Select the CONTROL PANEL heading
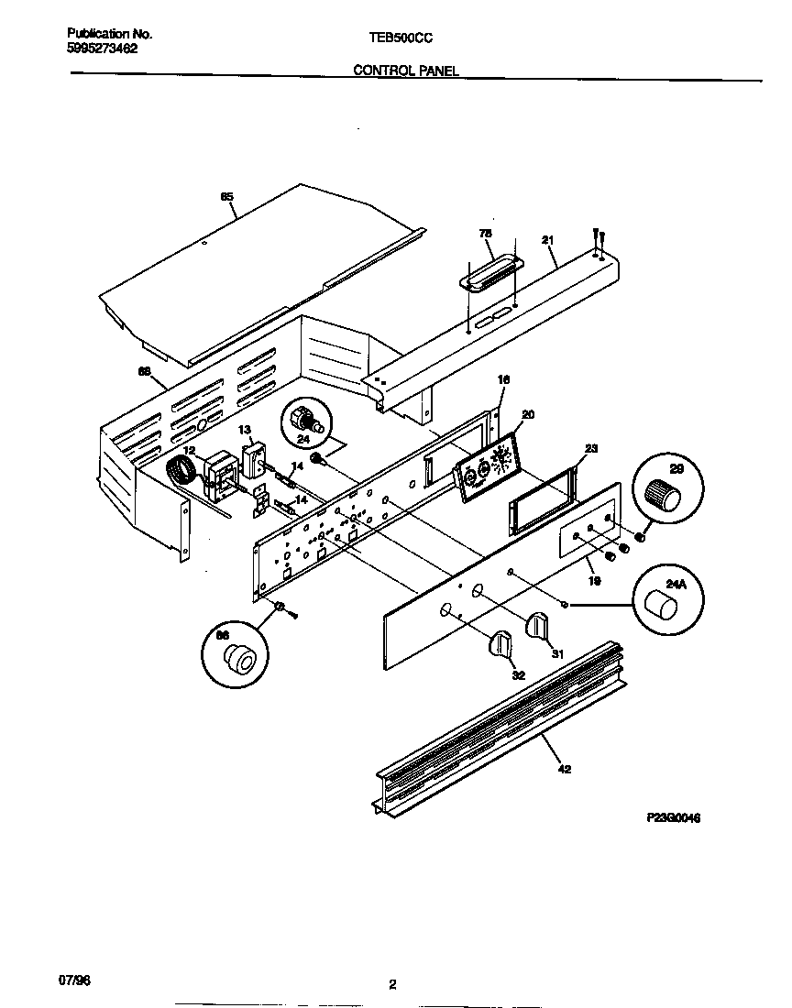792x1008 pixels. [x=406, y=70]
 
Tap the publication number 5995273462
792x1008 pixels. [x=103, y=49]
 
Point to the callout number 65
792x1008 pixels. [x=226, y=196]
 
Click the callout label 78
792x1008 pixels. [x=486, y=235]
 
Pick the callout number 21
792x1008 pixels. [x=547, y=240]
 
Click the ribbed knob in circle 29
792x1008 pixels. [x=665, y=497]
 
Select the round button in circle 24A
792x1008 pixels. [x=662, y=606]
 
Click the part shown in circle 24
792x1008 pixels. [x=302, y=422]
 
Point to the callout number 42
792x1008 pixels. [x=564, y=769]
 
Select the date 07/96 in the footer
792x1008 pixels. [x=80, y=981]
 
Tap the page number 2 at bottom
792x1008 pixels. [x=392, y=985]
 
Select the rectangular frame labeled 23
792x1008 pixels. [x=542, y=505]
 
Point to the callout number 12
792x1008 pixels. [x=188, y=450]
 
